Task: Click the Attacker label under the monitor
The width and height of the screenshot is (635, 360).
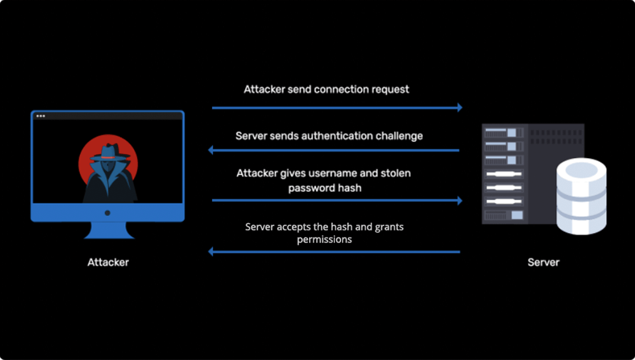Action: click(108, 262)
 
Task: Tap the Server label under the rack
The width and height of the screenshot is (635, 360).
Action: click(544, 262)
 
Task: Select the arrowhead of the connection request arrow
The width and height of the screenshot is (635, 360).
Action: click(459, 108)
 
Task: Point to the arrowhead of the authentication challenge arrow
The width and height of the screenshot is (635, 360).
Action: click(212, 150)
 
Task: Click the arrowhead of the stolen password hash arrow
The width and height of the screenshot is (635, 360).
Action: click(459, 201)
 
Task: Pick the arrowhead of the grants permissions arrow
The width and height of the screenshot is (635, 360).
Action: click(212, 252)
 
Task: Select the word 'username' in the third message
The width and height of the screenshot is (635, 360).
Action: click(334, 173)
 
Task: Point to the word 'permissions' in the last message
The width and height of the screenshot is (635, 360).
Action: click(324, 239)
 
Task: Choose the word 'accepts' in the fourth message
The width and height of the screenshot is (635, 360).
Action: click(298, 227)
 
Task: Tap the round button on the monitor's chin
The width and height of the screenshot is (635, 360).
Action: click(107, 213)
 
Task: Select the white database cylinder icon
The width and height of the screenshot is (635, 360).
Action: click(581, 196)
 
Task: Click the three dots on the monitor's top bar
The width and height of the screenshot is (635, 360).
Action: click(41, 116)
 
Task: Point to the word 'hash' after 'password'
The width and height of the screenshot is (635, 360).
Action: click(351, 188)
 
